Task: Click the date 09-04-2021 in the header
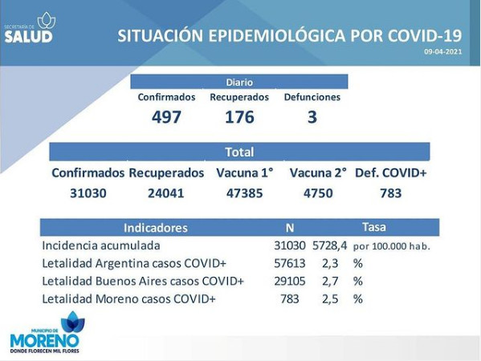(x=442, y=51)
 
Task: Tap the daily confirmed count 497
(x=166, y=117)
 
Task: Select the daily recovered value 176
(x=239, y=117)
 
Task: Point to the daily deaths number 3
(x=312, y=117)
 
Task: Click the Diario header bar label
(x=239, y=82)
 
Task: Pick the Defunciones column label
(x=312, y=97)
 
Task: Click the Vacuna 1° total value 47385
(x=244, y=193)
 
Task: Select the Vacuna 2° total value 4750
(x=318, y=193)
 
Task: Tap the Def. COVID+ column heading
(x=391, y=172)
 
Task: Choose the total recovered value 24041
(x=166, y=193)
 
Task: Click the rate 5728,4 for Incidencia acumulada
(x=330, y=245)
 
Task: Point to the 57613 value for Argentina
(x=290, y=263)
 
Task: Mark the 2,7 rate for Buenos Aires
(x=330, y=281)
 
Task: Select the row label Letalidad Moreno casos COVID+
(x=128, y=298)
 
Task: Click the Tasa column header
(x=374, y=227)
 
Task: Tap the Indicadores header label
(x=156, y=228)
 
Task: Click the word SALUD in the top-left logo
(x=28, y=36)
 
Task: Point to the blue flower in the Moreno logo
(x=73, y=322)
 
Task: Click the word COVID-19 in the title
(x=425, y=35)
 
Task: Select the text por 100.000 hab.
(x=392, y=246)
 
